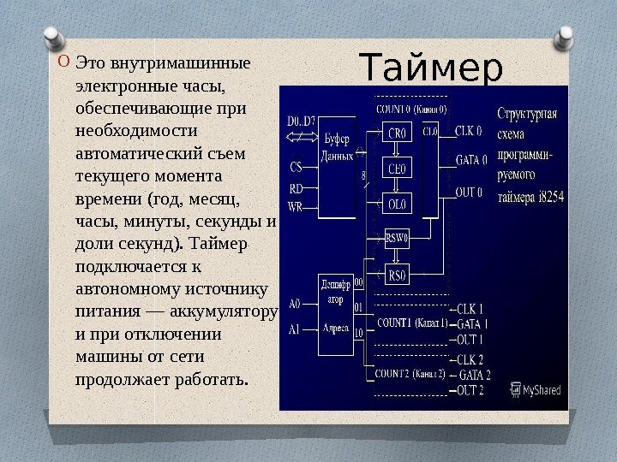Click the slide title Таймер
tap(430, 68)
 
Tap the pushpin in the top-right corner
tap(566, 38)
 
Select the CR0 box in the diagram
tap(398, 133)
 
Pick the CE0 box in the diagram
tap(398, 169)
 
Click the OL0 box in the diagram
tap(398, 204)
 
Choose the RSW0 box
tap(397, 240)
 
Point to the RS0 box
tap(397, 275)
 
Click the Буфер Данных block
tap(336, 146)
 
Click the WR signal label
tap(295, 206)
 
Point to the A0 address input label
tap(295, 303)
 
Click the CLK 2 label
tap(471, 360)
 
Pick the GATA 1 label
tap(474, 324)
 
